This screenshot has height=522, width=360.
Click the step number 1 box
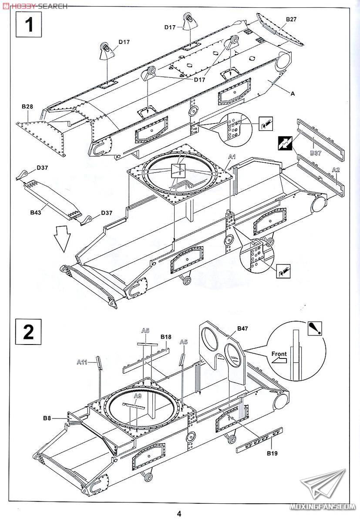pos(29,24)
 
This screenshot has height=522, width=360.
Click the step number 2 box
pos(28,331)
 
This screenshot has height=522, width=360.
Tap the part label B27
pos(291,19)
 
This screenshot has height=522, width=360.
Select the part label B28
pos(27,107)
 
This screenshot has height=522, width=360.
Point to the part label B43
pos(36,212)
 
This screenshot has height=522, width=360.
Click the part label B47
pos(242,328)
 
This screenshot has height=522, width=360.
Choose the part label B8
pos(47,418)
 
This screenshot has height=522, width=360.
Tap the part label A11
pos(82,362)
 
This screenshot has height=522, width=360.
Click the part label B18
pos(166,337)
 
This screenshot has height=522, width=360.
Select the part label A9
pos(138,396)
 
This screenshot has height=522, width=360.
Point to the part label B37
pos(316,153)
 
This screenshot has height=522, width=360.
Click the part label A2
pos(336,170)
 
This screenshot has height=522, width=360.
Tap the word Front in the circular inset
pos(279,354)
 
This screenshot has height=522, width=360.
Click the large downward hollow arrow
pos(62,239)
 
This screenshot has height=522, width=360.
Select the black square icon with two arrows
pos(285,144)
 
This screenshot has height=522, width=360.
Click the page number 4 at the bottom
pos(179,514)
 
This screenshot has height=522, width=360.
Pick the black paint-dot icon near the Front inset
pos(315,329)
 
